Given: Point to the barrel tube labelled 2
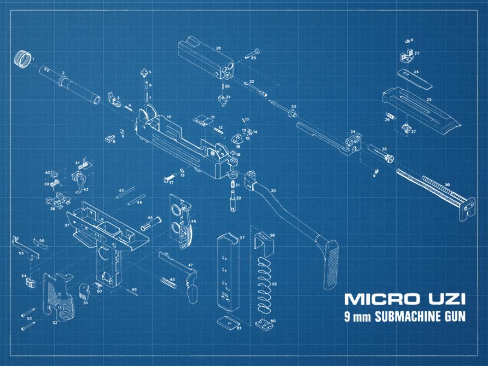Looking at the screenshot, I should (x=68, y=83).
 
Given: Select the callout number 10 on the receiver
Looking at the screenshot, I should (x=169, y=117).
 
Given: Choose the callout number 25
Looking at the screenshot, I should (x=429, y=100).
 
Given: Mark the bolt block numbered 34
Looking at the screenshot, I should (x=352, y=143).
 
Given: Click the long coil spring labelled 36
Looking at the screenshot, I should (x=429, y=187).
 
